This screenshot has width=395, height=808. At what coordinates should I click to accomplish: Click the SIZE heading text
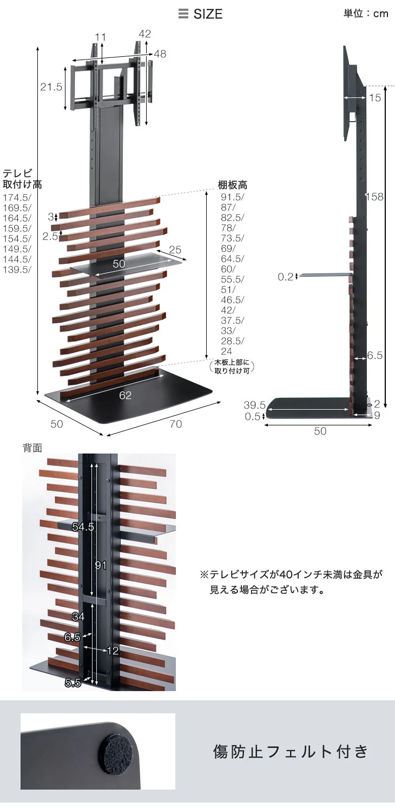(208, 14)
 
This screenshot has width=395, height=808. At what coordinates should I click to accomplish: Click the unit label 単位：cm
(366, 14)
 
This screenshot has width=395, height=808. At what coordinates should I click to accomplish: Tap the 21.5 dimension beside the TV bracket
(51, 87)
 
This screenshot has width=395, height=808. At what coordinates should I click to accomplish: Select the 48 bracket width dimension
(160, 54)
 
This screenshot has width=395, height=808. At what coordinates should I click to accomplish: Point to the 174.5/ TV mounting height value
(17, 198)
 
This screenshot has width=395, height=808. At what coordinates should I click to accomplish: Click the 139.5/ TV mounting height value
(17, 270)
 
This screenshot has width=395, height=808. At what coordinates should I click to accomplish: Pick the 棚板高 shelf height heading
(233, 185)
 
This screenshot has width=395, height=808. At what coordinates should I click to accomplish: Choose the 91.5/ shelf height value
(233, 197)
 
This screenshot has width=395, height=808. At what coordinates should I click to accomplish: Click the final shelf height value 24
(227, 351)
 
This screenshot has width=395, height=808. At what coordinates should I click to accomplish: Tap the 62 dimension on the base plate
(125, 396)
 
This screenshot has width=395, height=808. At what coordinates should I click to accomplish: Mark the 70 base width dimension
(176, 424)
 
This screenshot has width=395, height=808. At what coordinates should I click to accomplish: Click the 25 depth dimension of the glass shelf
(175, 249)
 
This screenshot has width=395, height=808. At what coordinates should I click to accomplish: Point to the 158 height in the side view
(374, 196)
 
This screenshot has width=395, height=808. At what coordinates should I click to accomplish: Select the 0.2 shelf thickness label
(285, 277)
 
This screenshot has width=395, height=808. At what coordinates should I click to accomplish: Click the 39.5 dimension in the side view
(255, 405)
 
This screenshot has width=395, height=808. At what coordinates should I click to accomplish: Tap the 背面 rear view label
(32, 448)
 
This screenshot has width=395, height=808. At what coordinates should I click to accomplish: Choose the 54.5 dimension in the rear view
(83, 527)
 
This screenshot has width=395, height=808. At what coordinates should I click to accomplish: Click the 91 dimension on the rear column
(101, 565)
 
